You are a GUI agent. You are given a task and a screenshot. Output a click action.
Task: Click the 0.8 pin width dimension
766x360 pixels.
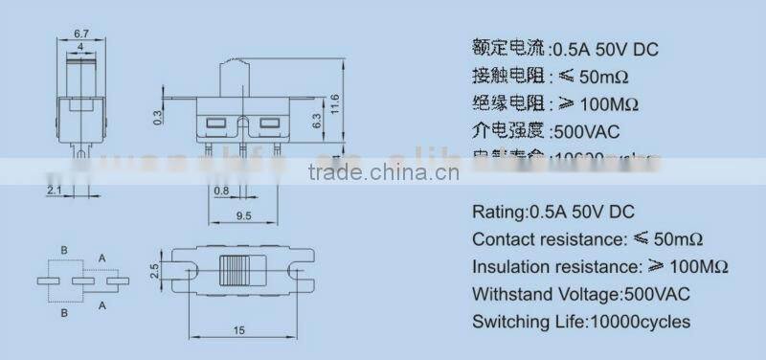point(222,191)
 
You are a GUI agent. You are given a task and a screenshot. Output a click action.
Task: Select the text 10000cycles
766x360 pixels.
point(639,322)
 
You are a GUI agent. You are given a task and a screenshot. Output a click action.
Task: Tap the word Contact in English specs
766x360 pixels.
point(501,238)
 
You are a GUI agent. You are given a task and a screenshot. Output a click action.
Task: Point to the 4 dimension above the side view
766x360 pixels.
point(83,47)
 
